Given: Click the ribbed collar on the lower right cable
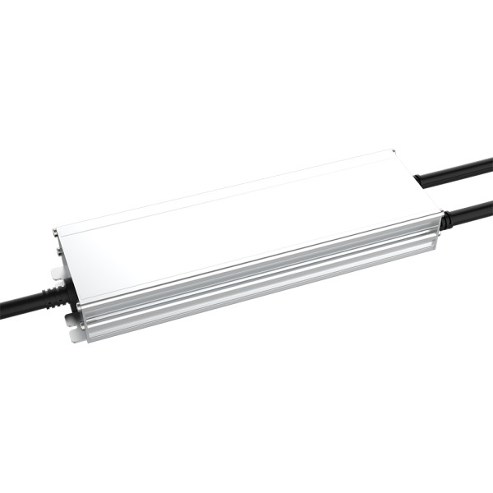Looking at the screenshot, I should click(445, 221).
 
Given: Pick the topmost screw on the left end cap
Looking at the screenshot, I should click(56, 234).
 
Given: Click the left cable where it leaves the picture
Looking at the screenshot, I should click(3, 315).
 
